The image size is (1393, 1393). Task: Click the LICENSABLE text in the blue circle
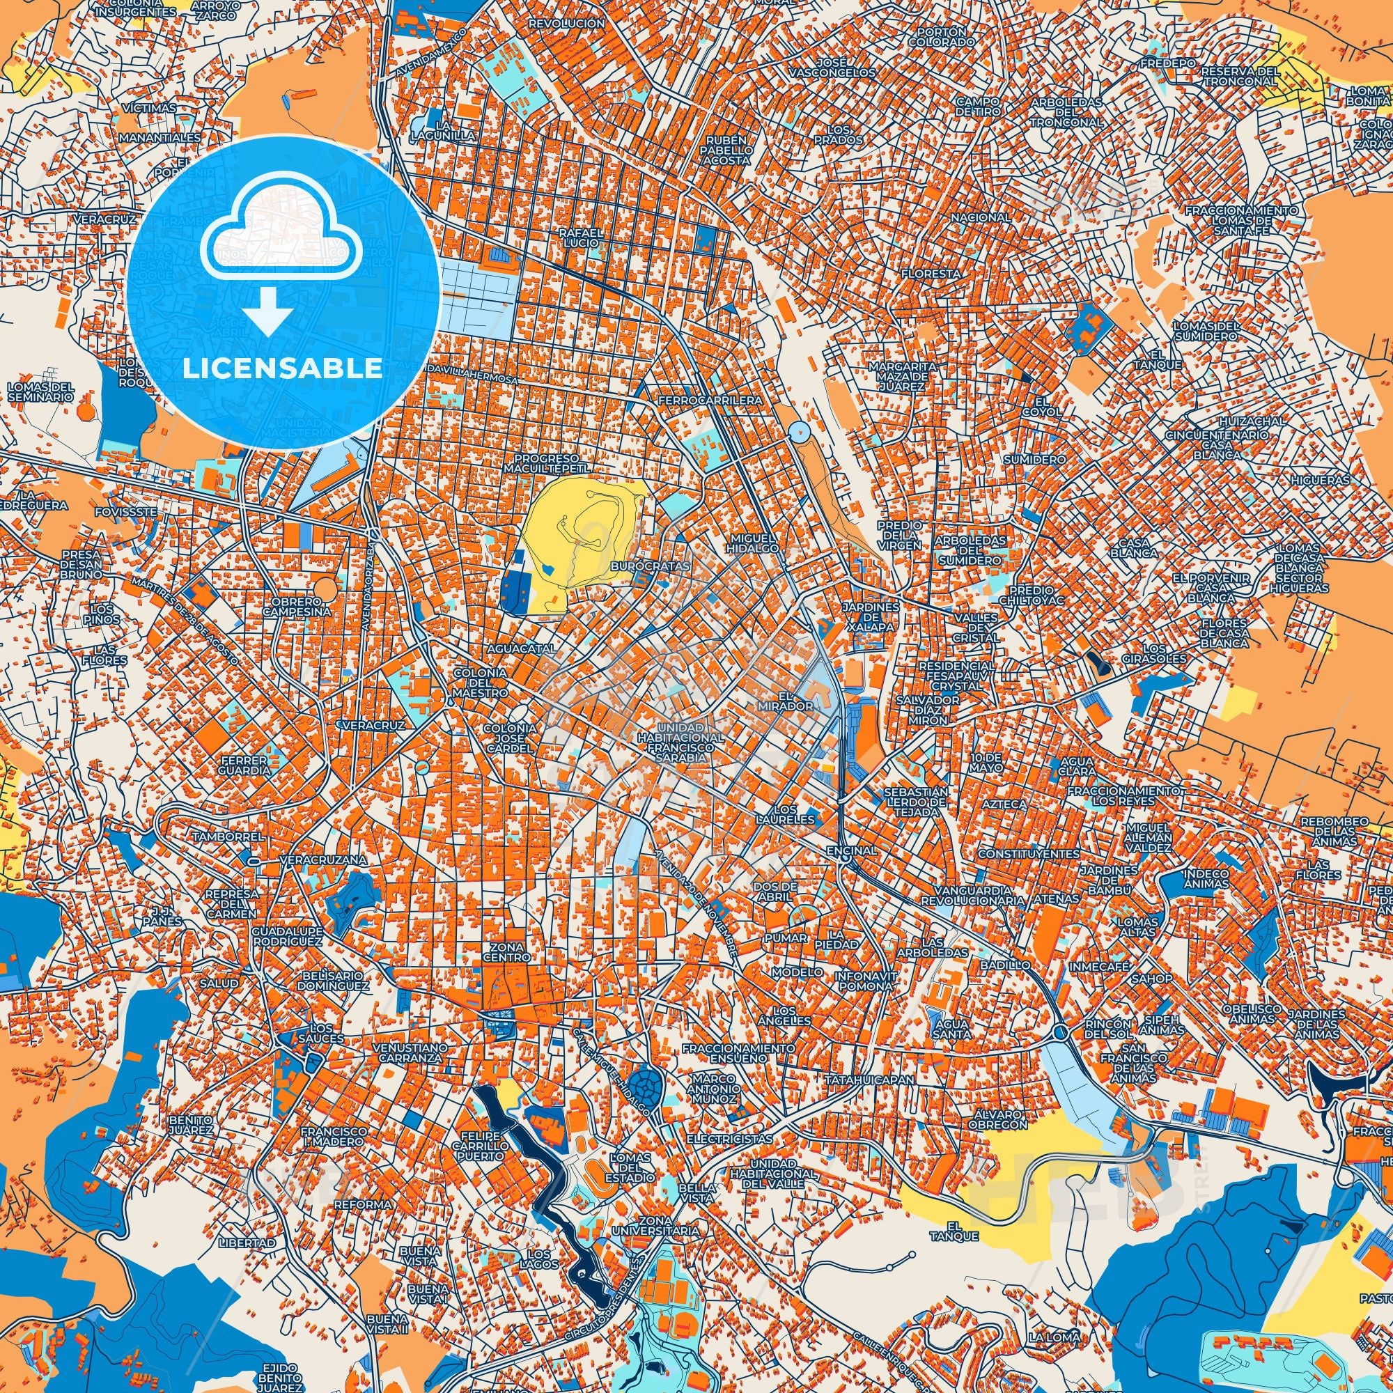tap(283, 368)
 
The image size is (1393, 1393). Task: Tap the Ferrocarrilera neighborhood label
tap(710, 399)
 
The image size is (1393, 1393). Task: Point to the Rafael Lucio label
tap(580, 239)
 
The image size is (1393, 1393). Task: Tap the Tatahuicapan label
tap(870, 1080)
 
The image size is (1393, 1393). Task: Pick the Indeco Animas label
tap(1206, 879)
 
